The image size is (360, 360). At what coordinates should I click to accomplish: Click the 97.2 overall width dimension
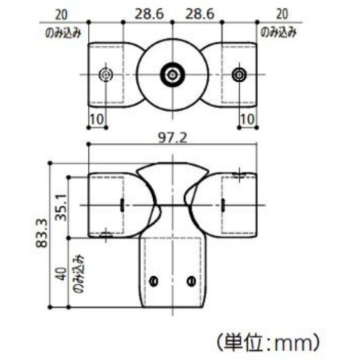pos(173,138)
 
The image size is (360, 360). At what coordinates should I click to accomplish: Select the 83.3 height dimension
pos(42,233)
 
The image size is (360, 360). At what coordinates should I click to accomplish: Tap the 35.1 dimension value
pos(61,207)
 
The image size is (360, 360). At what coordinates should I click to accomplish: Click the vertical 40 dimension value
pos(62,274)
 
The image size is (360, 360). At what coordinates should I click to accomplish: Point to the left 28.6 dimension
pos(149,14)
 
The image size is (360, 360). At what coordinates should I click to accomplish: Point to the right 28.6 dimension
pos(200,14)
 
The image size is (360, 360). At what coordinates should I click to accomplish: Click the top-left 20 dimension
pos(62,15)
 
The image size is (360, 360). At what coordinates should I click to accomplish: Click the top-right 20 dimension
pos(282,14)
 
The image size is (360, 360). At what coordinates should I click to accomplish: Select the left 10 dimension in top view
pos(97,119)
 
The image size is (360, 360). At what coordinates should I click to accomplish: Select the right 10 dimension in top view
pos(247,119)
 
